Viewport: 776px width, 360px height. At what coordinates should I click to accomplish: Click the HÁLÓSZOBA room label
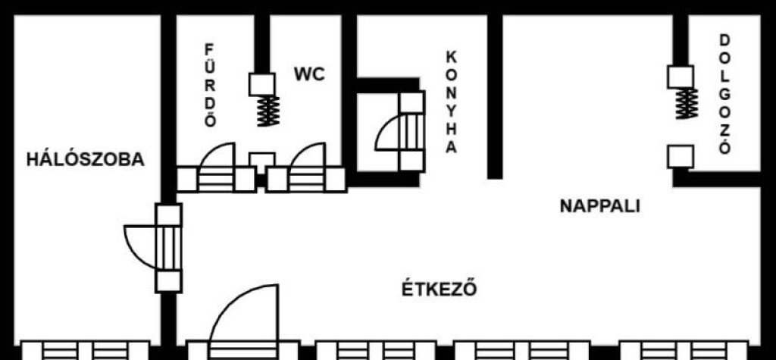coord(85,159)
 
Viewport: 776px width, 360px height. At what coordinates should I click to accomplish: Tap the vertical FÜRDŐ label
coord(210,86)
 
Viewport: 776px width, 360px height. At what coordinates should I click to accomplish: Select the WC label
coord(309,74)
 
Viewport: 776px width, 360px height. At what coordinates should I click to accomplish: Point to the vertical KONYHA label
coord(452,102)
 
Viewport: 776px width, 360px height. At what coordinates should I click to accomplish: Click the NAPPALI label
coord(600,206)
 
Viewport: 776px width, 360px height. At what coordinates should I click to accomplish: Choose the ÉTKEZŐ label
coord(439,289)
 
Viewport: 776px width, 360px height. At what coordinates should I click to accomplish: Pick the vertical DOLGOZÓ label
coord(724,94)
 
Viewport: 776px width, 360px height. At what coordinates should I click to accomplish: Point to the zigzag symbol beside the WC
coord(269,111)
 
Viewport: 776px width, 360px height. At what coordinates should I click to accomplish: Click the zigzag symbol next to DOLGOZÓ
coord(687,104)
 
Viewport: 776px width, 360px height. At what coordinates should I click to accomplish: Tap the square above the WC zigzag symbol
coord(261,85)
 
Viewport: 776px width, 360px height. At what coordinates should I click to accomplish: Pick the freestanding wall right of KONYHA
coord(495,96)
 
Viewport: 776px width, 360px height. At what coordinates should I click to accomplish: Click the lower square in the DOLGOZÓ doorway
coord(681,157)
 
